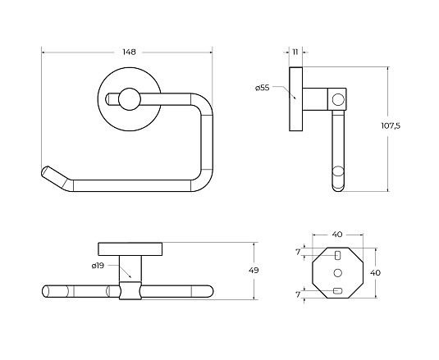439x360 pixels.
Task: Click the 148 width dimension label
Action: [x=129, y=52]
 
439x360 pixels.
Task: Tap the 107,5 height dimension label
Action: [x=391, y=125]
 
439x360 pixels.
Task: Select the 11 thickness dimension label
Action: [x=295, y=52]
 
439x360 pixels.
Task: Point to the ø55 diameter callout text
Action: [x=263, y=88]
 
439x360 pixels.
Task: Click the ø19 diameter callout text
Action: [x=98, y=266]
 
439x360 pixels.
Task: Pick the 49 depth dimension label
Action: [x=254, y=271]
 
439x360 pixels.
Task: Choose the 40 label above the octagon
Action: [x=337, y=235]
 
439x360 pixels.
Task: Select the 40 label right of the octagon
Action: [x=376, y=272]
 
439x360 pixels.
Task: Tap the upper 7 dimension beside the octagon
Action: [x=298, y=252]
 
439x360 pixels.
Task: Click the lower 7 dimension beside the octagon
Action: [x=298, y=294]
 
